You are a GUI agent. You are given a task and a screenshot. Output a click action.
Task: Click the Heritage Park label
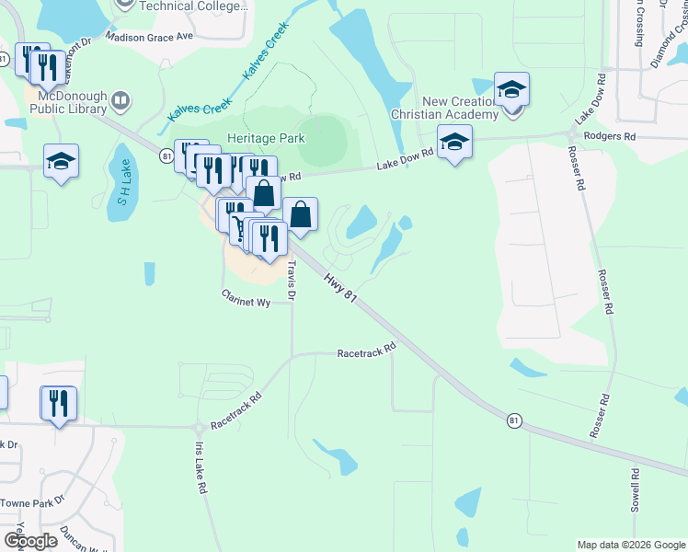(266, 138)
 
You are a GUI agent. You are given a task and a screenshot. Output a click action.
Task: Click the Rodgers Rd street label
(615, 136)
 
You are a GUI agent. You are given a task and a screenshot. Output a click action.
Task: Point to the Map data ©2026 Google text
(630, 545)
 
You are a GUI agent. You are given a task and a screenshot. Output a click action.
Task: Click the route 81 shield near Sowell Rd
(514, 420)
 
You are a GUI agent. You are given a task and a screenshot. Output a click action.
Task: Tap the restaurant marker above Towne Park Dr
(58, 403)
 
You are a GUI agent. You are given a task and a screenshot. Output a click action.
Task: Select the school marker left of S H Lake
(62, 162)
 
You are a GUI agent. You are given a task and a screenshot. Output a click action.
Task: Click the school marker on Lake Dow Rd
(453, 142)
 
